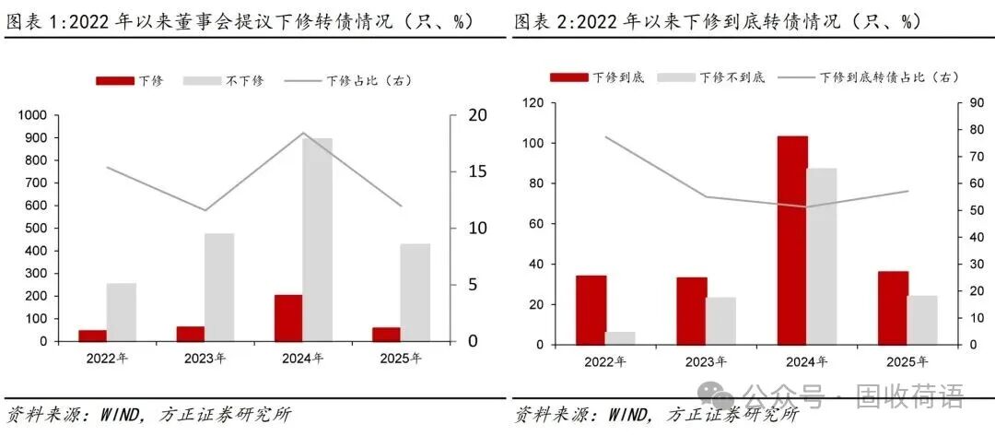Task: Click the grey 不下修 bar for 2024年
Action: (x=318, y=240)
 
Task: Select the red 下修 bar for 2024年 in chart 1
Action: (x=288, y=318)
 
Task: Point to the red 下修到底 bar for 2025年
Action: (x=893, y=308)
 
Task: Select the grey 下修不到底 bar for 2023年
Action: (x=721, y=321)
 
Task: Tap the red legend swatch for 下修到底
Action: (x=568, y=77)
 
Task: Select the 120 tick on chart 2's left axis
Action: (x=533, y=102)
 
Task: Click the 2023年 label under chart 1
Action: (x=205, y=359)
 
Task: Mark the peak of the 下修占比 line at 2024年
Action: (x=303, y=133)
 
